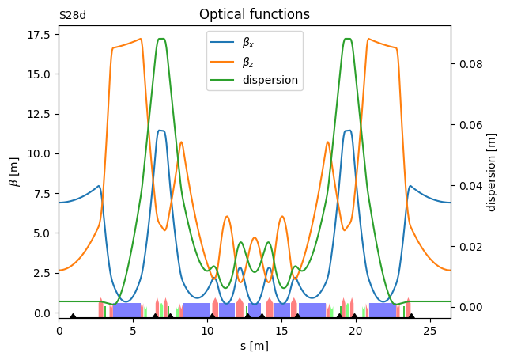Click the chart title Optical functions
click(x=254, y=14)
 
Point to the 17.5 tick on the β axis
click(x=39, y=34)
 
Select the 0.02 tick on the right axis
click(x=471, y=246)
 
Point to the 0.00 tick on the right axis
click(x=471, y=307)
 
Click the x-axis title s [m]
click(x=255, y=346)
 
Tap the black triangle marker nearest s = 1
click(x=74, y=316)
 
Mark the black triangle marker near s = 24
click(x=412, y=316)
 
